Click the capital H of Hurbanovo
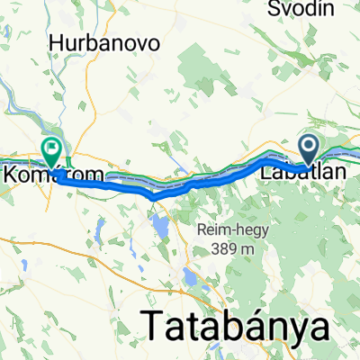57,43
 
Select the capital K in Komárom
11,175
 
